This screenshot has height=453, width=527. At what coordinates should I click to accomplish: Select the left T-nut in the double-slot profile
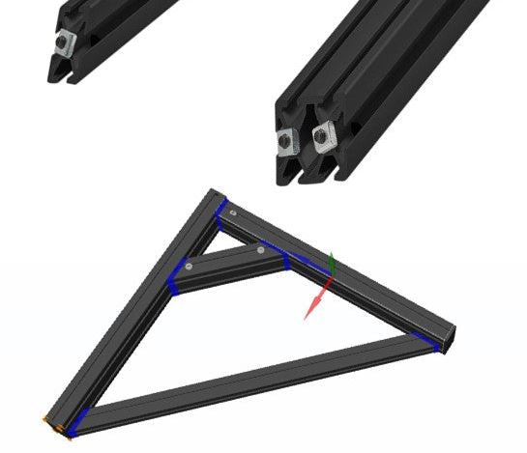pyautogui.click(x=287, y=142)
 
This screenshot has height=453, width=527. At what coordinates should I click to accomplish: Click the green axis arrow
pyautogui.click(x=332, y=263)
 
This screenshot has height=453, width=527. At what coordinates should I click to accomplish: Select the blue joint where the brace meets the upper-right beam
pyautogui.click(x=287, y=260)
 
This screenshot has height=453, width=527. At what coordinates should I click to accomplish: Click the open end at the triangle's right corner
pyautogui.click(x=448, y=338)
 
